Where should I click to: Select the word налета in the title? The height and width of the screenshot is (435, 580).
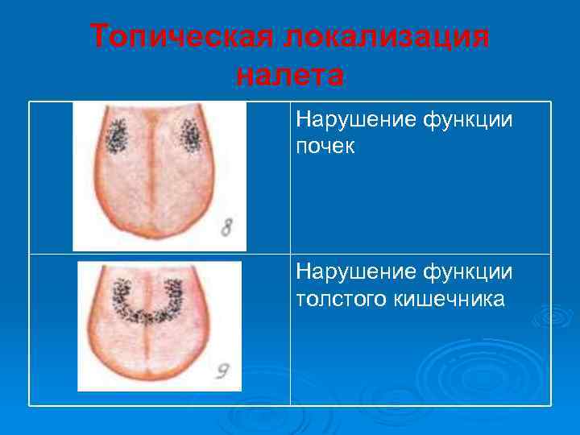point(290,76)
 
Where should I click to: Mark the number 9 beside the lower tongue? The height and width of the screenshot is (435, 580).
point(222,372)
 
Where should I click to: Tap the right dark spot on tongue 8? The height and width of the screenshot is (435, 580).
point(191,136)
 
